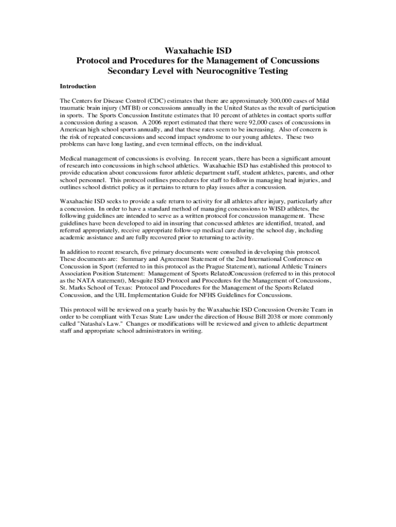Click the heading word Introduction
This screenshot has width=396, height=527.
point(78,86)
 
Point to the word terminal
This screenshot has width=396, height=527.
point(173,145)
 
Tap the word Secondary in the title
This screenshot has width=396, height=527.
point(129,71)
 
